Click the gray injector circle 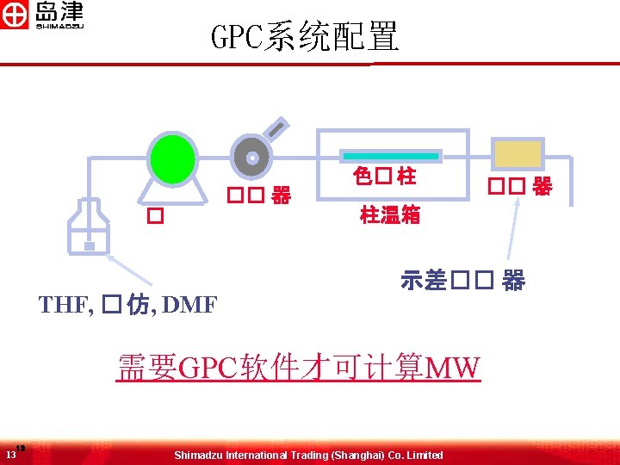[251, 158]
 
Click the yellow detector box [517, 154]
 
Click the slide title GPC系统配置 [305, 37]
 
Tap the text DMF [189, 304]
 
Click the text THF [65, 304]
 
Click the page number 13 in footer [10, 454]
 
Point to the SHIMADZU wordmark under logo [59, 26]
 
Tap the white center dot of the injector [251, 158]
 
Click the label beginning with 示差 [462, 281]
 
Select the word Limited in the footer [424, 455]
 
